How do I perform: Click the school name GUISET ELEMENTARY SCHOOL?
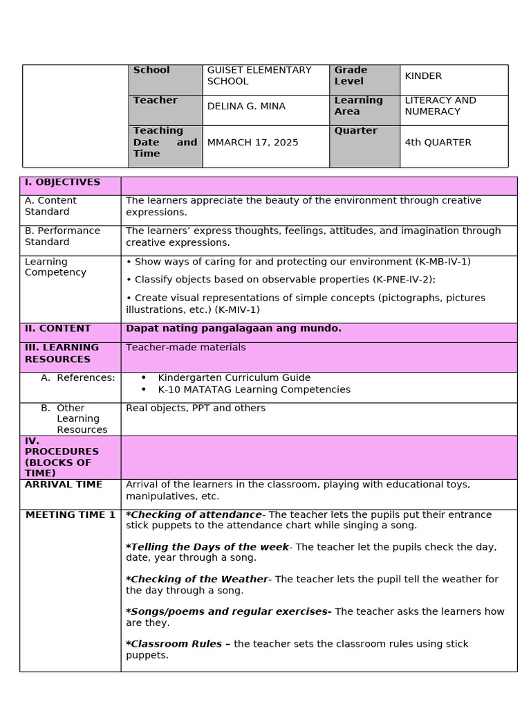(259, 75)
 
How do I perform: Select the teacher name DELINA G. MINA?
(246, 106)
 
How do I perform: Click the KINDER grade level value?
(423, 76)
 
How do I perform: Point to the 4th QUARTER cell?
(438, 143)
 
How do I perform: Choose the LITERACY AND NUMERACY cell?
(440, 106)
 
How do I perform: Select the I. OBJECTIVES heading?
(62, 182)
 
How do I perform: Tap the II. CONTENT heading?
(58, 328)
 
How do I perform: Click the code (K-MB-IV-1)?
(442, 262)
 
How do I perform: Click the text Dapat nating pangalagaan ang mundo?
(234, 328)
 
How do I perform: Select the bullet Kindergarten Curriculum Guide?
(234, 378)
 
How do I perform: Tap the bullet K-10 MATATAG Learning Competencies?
(254, 389)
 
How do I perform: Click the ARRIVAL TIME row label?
(64, 485)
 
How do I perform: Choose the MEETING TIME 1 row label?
(71, 515)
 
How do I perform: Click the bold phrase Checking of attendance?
(196, 514)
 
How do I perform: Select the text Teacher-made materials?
(185, 348)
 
